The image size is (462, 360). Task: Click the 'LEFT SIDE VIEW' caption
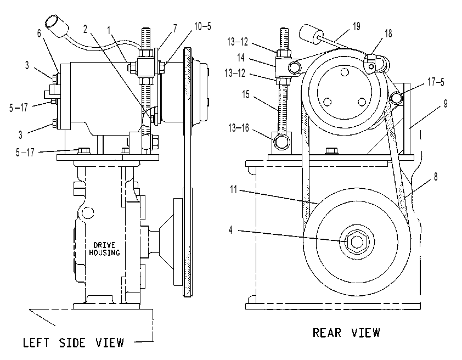[x=74, y=342]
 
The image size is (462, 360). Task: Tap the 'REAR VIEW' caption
[x=346, y=333]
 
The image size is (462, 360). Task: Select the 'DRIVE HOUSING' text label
[x=104, y=249]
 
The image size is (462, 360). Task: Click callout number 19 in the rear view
[x=357, y=26]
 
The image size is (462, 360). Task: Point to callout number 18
[x=388, y=33]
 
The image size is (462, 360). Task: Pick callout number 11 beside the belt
[x=233, y=189]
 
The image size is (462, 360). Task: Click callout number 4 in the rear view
[x=230, y=230]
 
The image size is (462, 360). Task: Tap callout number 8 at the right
[x=436, y=177]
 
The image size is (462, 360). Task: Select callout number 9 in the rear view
[x=445, y=104]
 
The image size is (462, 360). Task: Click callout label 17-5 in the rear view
[x=436, y=82]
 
